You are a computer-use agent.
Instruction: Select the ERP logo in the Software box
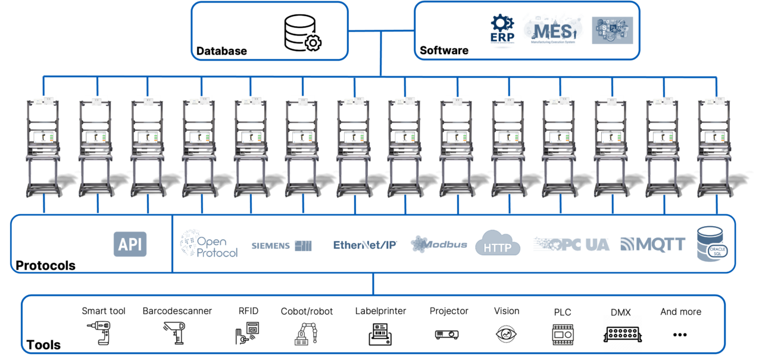tap(501, 29)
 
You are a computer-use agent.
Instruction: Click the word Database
tap(221, 51)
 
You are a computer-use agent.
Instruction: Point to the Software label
tap(444, 51)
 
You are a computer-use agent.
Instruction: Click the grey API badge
tap(130, 244)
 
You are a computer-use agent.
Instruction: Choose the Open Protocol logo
tap(209, 244)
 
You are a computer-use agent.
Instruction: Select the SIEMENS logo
tap(282, 245)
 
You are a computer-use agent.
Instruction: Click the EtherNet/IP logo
tap(365, 245)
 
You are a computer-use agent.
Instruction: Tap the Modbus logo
tap(439, 244)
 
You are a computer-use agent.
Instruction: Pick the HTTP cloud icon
tap(498, 243)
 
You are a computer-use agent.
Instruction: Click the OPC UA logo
tap(572, 244)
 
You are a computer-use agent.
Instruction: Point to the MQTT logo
tap(652, 244)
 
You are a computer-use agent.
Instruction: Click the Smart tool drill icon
tap(100, 333)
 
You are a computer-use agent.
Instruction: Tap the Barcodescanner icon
tap(174, 333)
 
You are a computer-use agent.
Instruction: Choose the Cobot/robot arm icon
tap(306, 334)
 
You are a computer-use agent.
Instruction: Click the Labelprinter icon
tap(380, 334)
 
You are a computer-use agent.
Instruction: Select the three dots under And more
tap(680, 335)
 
